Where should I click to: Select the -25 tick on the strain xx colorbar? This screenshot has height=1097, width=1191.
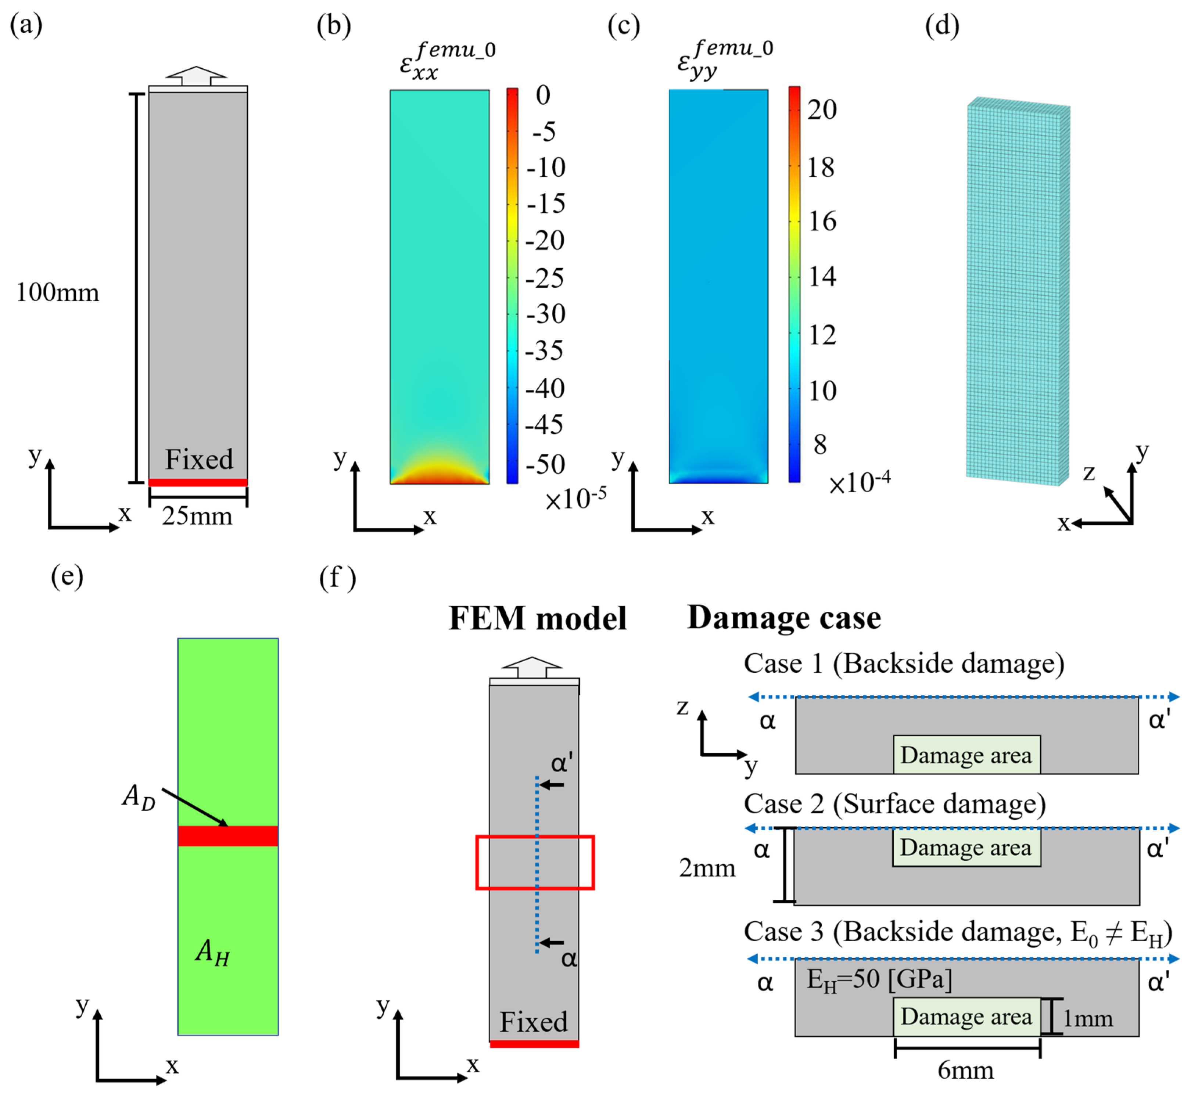pyautogui.click(x=545, y=278)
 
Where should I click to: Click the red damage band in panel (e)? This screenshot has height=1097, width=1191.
pyautogui.click(x=228, y=836)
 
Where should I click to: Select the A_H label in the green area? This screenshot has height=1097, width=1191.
pyautogui.click(x=212, y=953)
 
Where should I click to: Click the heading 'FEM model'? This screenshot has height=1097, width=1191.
pyautogui.click(x=537, y=619)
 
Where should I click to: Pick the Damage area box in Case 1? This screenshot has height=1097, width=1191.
pyautogui.click(x=966, y=755)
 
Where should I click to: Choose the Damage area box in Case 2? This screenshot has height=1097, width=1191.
pyautogui.click(x=966, y=848)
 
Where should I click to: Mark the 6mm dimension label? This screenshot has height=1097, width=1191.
pyautogui.click(x=965, y=1070)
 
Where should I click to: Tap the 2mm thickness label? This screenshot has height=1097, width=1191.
pyautogui.click(x=707, y=868)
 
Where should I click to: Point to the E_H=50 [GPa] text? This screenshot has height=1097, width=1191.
pyautogui.click(x=879, y=980)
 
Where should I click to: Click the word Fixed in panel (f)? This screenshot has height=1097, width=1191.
pyautogui.click(x=533, y=1022)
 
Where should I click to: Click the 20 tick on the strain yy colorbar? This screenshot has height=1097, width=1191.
pyautogui.click(x=822, y=110)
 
